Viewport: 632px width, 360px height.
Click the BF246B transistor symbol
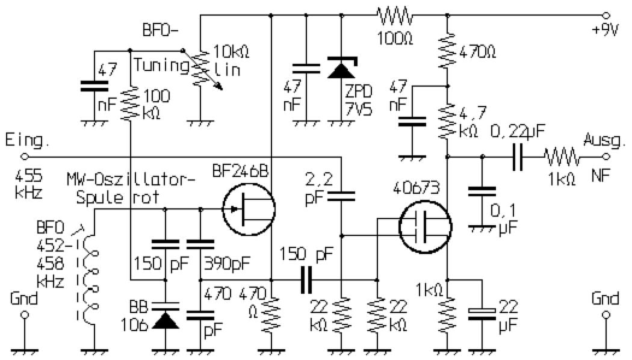click(249, 210)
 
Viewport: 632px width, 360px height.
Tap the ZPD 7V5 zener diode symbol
click(341, 70)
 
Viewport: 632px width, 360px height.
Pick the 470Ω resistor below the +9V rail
click(447, 52)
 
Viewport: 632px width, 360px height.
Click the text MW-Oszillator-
click(132, 180)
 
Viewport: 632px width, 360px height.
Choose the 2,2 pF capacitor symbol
click(341, 195)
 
